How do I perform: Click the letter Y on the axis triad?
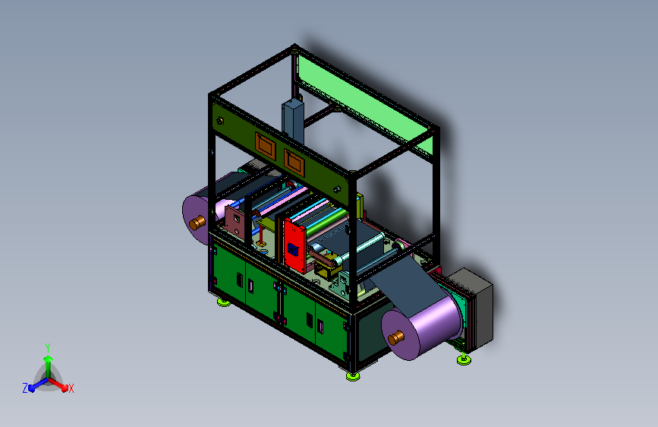[48, 347]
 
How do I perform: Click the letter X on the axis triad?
[71, 389]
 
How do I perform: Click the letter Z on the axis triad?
[25, 388]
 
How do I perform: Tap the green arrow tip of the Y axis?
[48, 359]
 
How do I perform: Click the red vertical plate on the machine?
[294, 246]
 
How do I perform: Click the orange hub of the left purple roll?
[197, 223]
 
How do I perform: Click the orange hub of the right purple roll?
[395, 337]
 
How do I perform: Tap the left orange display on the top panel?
[265, 145]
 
